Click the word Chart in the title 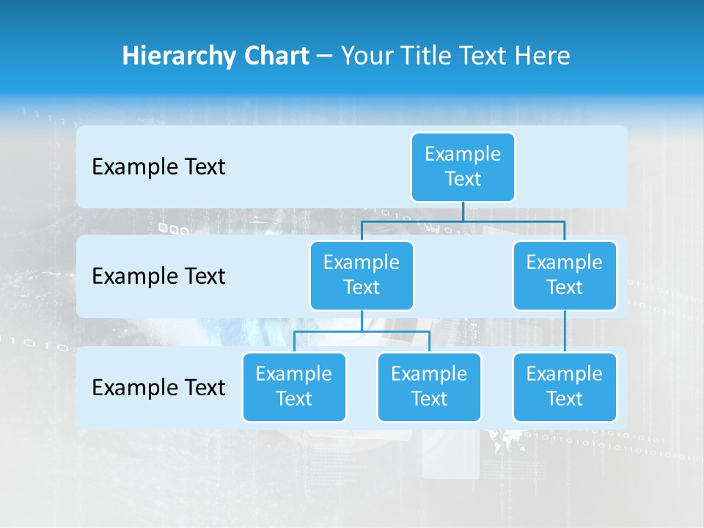click(276, 56)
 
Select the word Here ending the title click(543, 56)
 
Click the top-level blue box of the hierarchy click(463, 166)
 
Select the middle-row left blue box click(362, 275)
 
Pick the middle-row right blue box click(565, 275)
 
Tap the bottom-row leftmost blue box click(294, 386)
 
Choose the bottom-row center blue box click(429, 386)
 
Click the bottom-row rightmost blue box click(565, 386)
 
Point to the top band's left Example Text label click(158, 167)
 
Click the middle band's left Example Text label click(158, 276)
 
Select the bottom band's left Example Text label click(158, 387)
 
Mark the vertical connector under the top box click(463, 211)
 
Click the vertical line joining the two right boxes click(565, 331)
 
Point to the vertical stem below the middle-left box click(362, 320)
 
